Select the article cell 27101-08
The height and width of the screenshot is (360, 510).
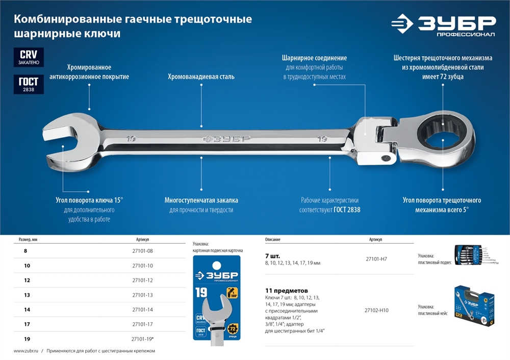point(143,251)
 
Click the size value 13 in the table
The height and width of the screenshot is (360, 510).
point(27,295)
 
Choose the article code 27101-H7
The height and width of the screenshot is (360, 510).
point(376,259)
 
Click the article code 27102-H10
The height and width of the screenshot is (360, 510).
point(376,310)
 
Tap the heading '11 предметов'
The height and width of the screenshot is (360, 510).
point(287,290)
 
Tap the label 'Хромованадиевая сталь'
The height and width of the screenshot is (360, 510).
point(201,77)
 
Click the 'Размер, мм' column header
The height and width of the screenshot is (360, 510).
point(28,239)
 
